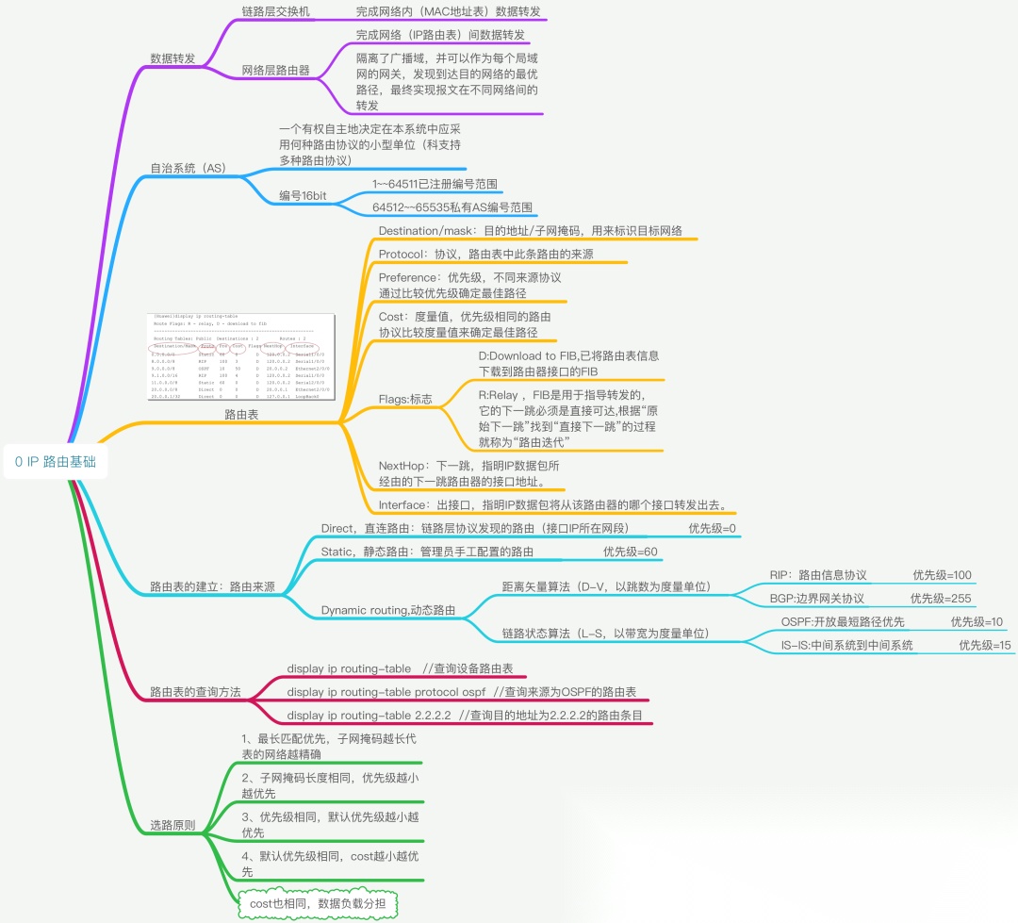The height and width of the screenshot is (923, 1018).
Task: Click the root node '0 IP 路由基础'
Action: click(56, 462)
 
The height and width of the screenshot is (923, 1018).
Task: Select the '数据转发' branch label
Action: click(172, 58)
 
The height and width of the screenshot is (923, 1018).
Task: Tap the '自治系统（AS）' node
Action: click(189, 169)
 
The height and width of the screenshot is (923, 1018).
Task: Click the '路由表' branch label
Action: click(241, 414)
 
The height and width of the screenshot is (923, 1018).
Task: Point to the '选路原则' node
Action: click(172, 825)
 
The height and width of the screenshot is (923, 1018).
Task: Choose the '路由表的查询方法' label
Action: click(195, 692)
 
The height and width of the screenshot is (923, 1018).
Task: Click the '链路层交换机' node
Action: click(275, 12)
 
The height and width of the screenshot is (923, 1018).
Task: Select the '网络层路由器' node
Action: click(275, 71)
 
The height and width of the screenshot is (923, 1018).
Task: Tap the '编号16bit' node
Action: click(303, 195)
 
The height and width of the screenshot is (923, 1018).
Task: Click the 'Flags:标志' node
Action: click(405, 400)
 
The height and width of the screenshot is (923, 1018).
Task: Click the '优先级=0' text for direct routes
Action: click(712, 529)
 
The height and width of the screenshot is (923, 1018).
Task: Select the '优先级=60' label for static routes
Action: click(630, 552)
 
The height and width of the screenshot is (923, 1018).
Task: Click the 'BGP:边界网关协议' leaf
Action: click(816, 599)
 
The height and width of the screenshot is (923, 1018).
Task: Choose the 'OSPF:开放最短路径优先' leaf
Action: click(843, 622)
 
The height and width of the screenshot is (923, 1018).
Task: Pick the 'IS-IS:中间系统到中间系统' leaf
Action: click(846, 646)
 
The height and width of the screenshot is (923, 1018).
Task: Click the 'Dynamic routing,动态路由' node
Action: click(388, 610)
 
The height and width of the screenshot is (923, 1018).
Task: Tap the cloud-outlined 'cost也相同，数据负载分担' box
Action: click(317, 904)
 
